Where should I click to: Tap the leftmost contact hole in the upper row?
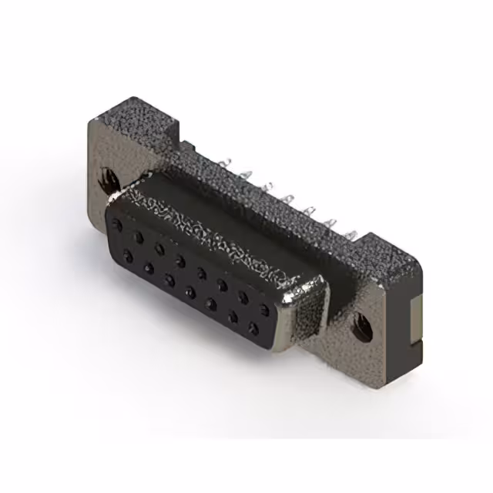[117, 226]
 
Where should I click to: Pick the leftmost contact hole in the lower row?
[127, 257]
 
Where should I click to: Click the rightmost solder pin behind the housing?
[350, 233]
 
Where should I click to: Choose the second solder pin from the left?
[245, 176]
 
